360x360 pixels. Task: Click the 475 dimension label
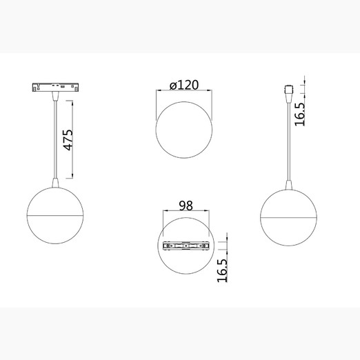68,140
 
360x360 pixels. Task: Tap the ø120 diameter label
184,85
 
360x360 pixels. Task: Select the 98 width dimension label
186,206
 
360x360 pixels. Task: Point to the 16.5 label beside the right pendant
299,114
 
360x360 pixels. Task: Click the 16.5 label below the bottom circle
222,270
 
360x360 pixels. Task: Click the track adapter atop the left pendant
55,87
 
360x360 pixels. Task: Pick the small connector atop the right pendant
289,90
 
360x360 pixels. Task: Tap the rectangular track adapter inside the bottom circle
186,246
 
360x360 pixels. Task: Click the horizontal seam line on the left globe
55,215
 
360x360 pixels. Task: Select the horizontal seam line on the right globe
288,217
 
